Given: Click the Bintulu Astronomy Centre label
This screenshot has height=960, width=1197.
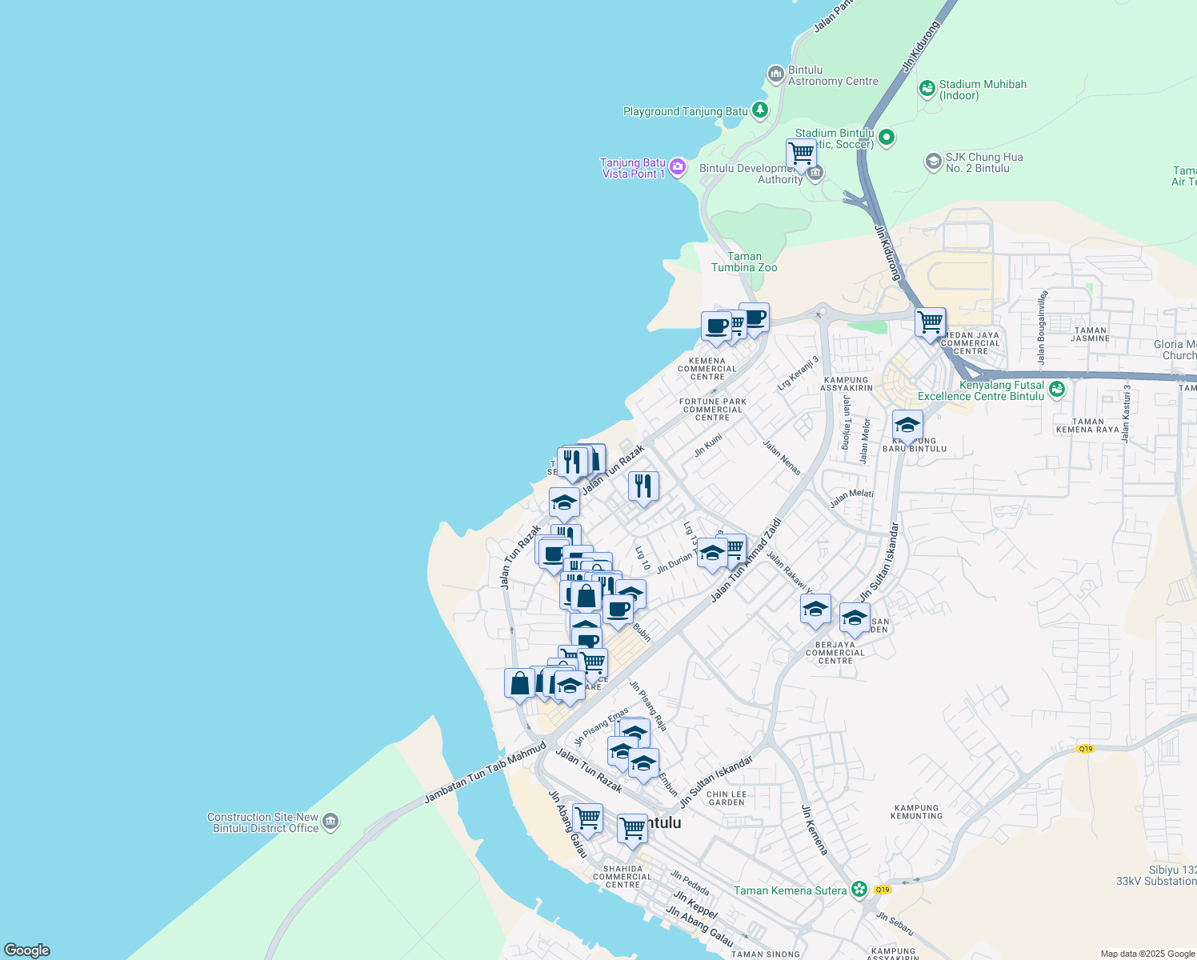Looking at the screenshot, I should pyautogui.click(x=832, y=76).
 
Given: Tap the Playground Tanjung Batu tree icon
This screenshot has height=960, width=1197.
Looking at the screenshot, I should pyautogui.click(x=759, y=111).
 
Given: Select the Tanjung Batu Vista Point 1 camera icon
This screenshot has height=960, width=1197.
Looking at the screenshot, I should pyautogui.click(x=678, y=167).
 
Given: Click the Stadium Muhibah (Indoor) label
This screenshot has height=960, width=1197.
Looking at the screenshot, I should pyautogui.click(x=982, y=90).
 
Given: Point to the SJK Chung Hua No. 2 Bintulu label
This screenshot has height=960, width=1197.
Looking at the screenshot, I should pyautogui.click(x=983, y=163).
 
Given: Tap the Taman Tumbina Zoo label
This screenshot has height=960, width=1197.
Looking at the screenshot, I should pyautogui.click(x=744, y=262).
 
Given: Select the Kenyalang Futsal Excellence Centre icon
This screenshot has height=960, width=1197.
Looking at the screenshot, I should pyautogui.click(x=1057, y=390).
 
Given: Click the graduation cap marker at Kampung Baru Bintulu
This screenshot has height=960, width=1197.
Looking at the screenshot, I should pyautogui.click(x=907, y=426).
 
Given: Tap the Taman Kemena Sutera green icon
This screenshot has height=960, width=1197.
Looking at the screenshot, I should pyautogui.click(x=859, y=890).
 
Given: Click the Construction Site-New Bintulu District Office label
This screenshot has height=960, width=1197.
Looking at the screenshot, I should pyautogui.click(x=262, y=823).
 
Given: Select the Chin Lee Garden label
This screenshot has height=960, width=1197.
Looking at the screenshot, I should pyautogui.click(x=727, y=798).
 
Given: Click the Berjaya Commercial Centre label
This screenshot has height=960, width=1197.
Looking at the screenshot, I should pyautogui.click(x=835, y=653).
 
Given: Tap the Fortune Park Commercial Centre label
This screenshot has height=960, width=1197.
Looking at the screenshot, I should pyautogui.click(x=712, y=410).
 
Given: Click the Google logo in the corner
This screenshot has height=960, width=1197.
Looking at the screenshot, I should pyautogui.click(x=26, y=950).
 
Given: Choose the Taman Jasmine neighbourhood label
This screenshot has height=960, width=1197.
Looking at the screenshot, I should pyautogui.click(x=1090, y=334).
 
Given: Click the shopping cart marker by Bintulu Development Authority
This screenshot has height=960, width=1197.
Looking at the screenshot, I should pyautogui.click(x=800, y=153).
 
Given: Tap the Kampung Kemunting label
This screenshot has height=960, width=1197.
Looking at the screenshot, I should pyautogui.click(x=916, y=812).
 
